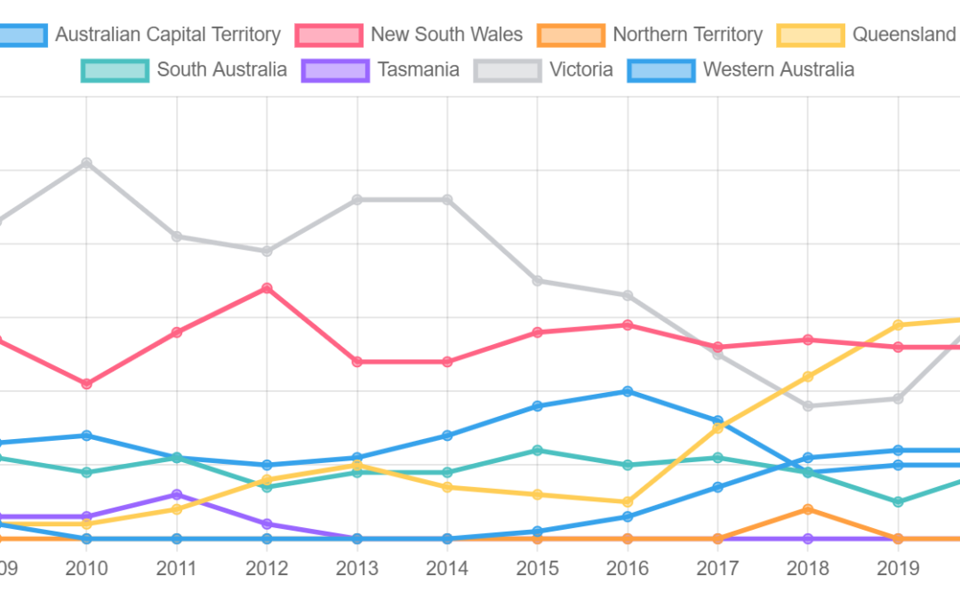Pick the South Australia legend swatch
tap(114, 69)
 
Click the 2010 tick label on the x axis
tap(86, 568)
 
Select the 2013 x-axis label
tap(357, 568)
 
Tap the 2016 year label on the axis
tap(628, 568)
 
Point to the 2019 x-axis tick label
tap(898, 568)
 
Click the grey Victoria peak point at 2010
tap(86, 163)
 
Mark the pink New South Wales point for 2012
tap(267, 288)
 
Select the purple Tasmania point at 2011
tap(177, 494)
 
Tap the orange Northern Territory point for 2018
tap(808, 509)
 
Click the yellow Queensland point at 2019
tap(898, 325)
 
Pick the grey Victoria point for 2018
tap(808, 406)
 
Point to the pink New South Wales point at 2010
tap(86, 384)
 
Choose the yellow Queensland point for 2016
tap(628, 502)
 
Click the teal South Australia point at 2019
tap(898, 502)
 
